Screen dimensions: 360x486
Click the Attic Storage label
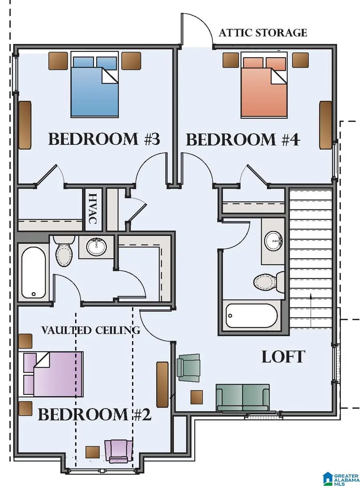coord(262,33)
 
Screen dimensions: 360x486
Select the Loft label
coord(284,357)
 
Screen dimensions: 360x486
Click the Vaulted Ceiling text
coord(91,330)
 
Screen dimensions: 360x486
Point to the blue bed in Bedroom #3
coord(94,85)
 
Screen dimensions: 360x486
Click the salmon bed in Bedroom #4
coord(264,85)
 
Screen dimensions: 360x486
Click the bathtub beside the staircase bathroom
coord(252,316)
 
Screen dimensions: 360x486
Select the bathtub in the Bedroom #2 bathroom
coord(34,272)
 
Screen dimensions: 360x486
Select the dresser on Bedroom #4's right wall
coord(325,125)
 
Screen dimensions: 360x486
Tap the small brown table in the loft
coord(196,397)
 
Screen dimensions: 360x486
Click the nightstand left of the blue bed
coord(58,61)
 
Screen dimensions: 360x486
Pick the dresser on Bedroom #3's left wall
coord(25,125)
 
